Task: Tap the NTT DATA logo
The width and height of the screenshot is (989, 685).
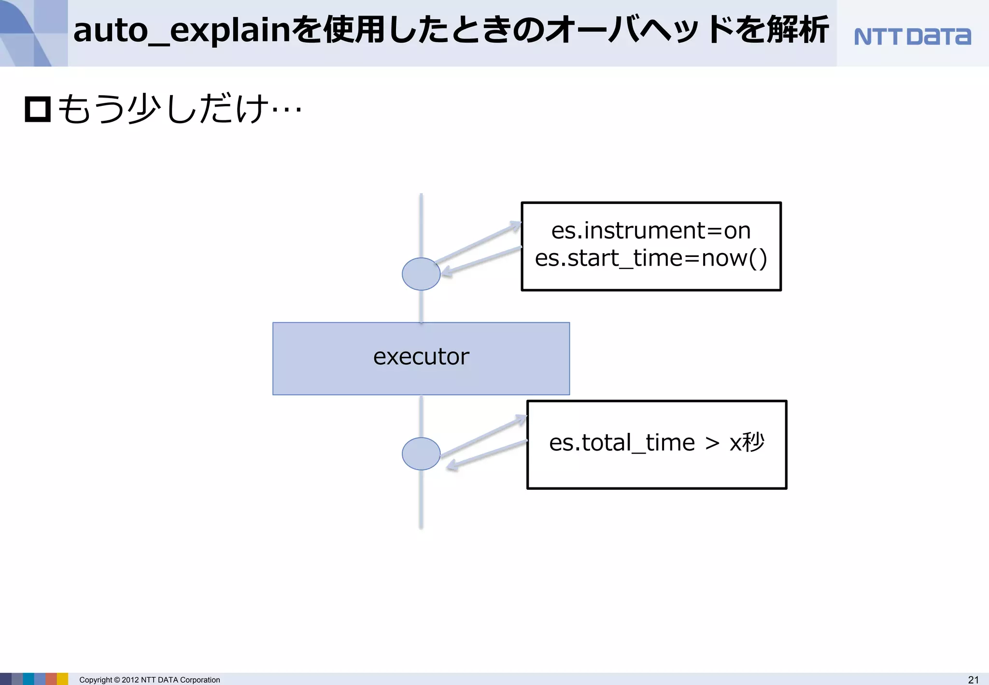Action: (912, 37)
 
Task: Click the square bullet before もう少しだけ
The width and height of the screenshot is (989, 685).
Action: (38, 109)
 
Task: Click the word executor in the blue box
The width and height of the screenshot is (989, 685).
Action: (421, 357)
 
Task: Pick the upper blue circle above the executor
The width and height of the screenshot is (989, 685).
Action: (421, 274)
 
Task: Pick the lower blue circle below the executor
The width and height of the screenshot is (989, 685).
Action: (421, 454)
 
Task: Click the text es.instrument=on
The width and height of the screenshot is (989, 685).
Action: (650, 230)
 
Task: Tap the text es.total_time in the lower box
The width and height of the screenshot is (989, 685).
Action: (622, 442)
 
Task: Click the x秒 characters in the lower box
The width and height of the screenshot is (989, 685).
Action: (747, 442)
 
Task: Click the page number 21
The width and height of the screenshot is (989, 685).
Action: (973, 680)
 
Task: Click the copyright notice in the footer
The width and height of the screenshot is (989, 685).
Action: (149, 680)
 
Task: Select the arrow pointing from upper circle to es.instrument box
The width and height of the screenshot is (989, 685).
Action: (478, 243)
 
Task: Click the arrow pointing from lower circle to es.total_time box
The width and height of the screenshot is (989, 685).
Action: (483, 436)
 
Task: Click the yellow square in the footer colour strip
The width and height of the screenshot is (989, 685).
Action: (63, 679)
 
